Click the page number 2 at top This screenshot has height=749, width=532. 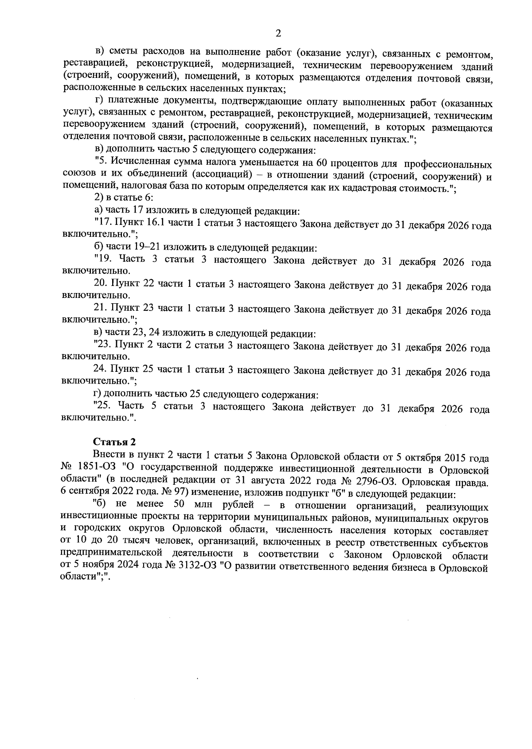(278, 34)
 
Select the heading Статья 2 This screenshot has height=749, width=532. (114, 442)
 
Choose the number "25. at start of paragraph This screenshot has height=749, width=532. (105, 407)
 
